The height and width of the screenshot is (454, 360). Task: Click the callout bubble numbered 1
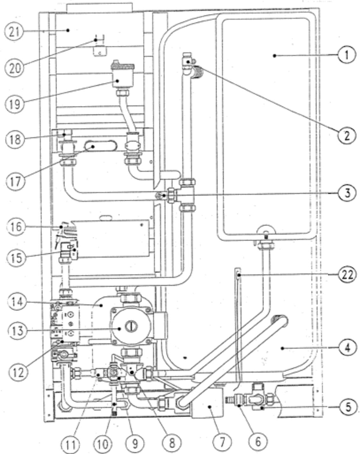coord(347,55)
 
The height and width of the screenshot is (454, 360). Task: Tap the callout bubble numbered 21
coord(14,32)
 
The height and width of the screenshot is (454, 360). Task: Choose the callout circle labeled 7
coord(222,442)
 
